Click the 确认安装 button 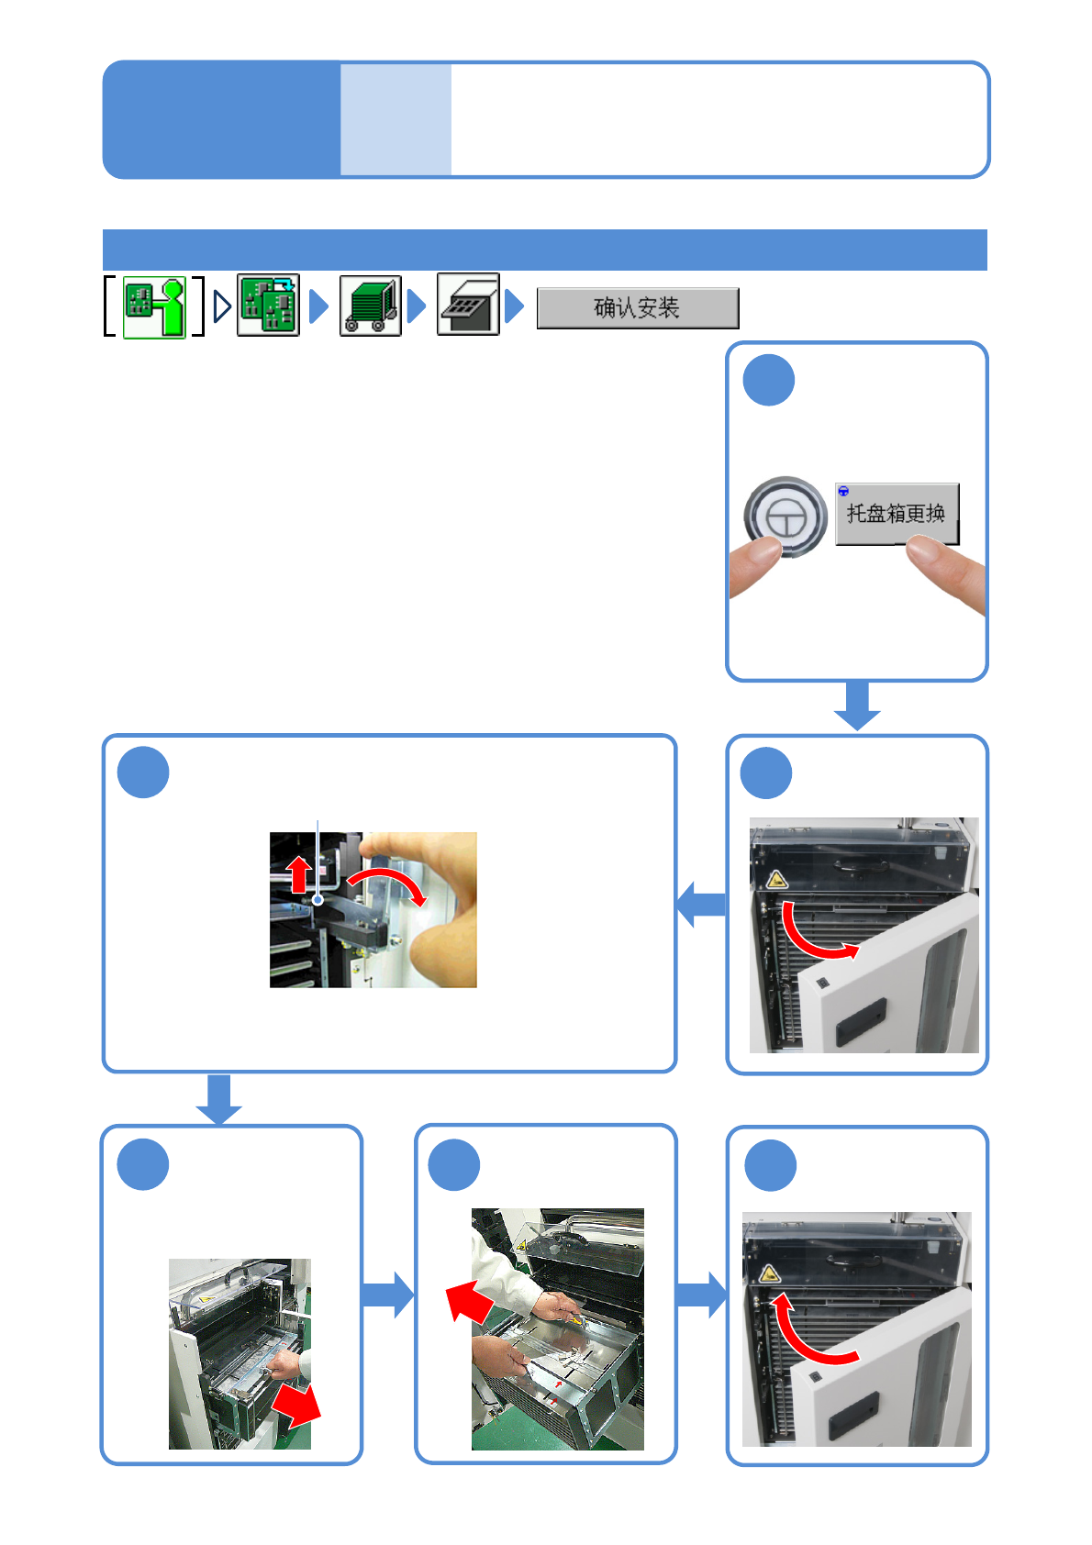(x=637, y=308)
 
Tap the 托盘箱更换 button (x=896, y=514)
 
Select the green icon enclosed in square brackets (x=154, y=307)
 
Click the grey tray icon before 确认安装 (x=468, y=305)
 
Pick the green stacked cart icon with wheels (x=370, y=306)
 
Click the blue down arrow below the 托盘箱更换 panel (x=857, y=706)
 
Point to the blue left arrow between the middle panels (x=701, y=905)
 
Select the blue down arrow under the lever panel (x=218, y=1099)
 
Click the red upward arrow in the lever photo (x=298, y=874)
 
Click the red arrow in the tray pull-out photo (x=295, y=1405)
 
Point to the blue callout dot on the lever (x=318, y=900)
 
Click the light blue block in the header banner (x=396, y=119)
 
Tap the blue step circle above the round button (x=768, y=380)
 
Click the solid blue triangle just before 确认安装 (x=515, y=306)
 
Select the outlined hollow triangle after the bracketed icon (x=221, y=306)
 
